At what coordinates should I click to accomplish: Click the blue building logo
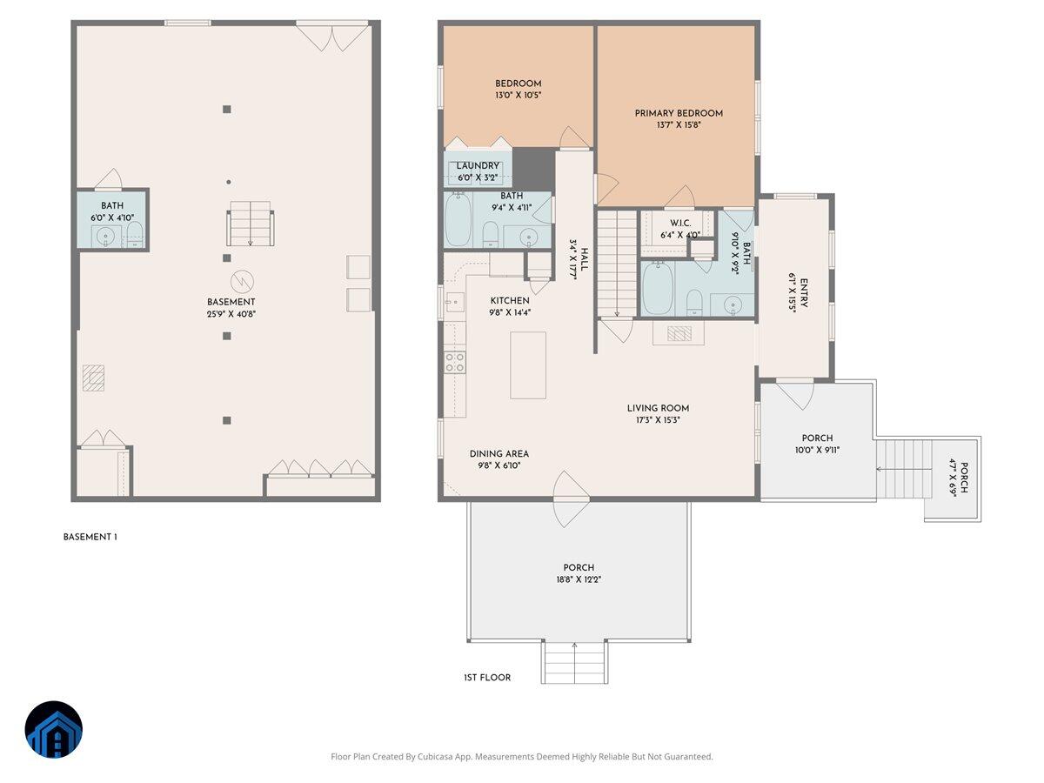point(54,729)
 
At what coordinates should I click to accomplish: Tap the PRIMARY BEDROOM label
point(679,113)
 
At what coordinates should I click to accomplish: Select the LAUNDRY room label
point(478,165)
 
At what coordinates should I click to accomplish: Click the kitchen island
point(528,365)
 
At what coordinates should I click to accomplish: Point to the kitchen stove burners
point(455,362)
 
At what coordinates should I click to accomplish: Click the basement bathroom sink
point(106,236)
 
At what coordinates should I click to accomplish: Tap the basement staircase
point(250,224)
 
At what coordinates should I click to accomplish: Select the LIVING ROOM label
point(658,408)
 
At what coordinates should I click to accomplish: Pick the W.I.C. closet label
point(680,223)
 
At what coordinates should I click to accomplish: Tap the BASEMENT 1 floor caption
point(90,537)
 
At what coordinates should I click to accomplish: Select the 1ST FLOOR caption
point(487,677)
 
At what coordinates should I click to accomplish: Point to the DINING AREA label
point(499,453)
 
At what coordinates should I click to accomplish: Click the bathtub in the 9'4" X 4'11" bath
point(458,221)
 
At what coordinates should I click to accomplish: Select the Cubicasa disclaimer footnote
point(521,757)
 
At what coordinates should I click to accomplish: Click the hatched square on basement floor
point(93,378)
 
